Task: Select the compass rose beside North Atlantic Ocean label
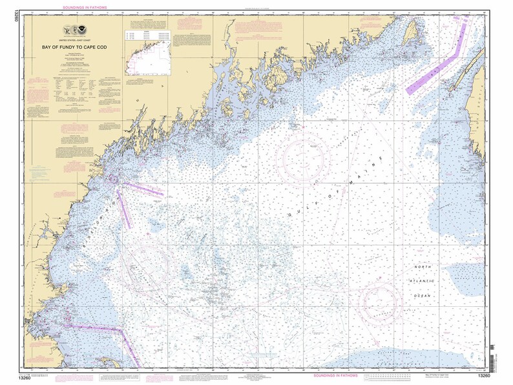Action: [x=381, y=300]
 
